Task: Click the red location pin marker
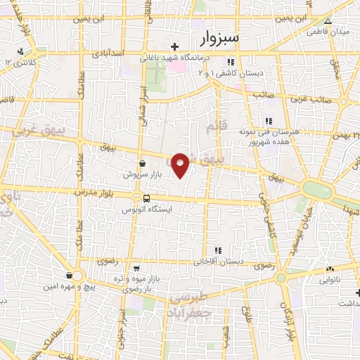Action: [181, 165]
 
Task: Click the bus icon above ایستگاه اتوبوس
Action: [147, 198]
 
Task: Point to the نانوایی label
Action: [330, 279]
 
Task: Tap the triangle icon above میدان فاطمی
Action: [327, 22]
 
